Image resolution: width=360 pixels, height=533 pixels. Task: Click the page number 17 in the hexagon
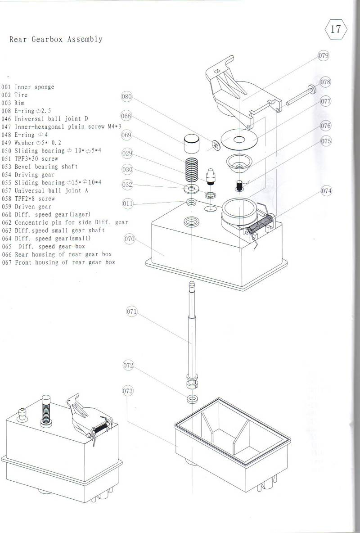(x=336, y=30)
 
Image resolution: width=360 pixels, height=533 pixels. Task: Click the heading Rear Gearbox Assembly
(x=56, y=39)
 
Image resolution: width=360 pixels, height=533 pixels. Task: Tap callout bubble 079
(x=323, y=56)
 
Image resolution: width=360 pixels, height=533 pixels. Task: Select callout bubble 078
(x=325, y=82)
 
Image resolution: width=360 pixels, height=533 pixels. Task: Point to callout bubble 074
(x=326, y=191)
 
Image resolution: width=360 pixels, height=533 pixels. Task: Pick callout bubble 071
(x=131, y=312)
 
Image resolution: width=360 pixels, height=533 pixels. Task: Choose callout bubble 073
(x=128, y=391)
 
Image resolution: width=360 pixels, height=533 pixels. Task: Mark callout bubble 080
(x=127, y=96)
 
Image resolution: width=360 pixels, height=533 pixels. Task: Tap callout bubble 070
(x=130, y=239)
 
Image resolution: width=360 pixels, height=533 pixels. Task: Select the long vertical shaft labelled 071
(x=192, y=333)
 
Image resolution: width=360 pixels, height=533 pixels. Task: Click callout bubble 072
(x=128, y=366)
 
